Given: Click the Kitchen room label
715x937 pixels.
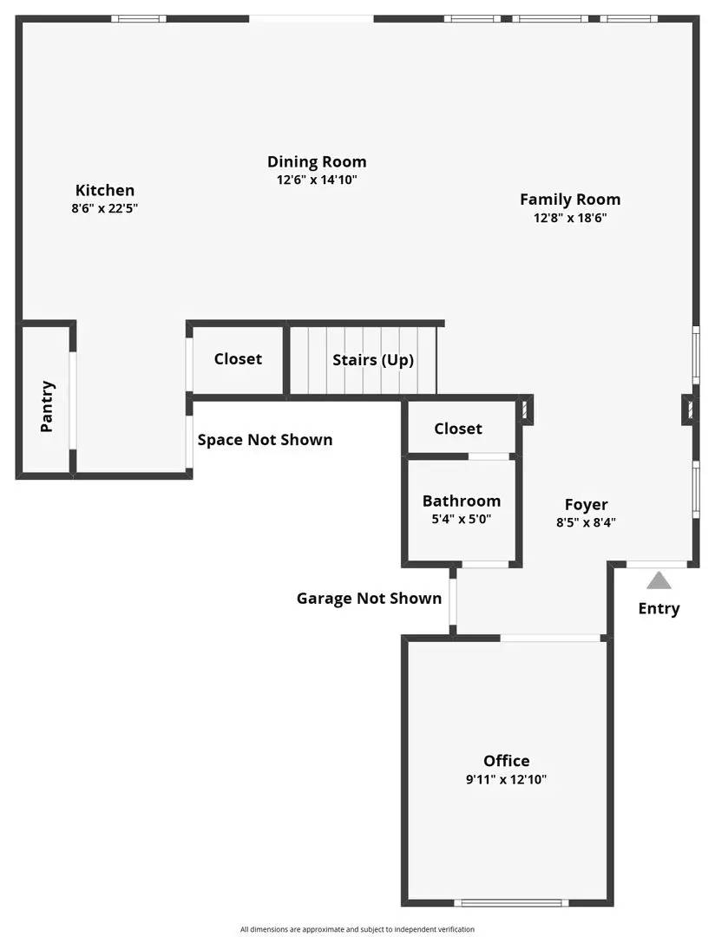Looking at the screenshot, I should click(104, 190).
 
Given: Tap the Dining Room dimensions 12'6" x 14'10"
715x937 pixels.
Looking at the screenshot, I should click(317, 180).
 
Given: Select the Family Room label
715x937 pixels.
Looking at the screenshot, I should click(570, 199).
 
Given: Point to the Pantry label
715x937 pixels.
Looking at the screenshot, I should click(47, 406).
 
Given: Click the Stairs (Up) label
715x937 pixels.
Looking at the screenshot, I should click(373, 359).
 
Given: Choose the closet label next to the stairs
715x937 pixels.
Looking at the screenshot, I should click(238, 358).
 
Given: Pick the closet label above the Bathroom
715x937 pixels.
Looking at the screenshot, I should click(458, 428).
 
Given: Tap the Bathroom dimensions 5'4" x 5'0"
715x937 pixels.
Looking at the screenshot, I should click(462, 519).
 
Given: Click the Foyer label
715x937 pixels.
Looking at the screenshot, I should click(587, 504).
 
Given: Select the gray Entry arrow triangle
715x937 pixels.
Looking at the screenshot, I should click(659, 580).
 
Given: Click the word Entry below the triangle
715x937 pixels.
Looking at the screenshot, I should click(659, 608).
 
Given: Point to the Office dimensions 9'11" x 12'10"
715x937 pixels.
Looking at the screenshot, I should click(507, 779).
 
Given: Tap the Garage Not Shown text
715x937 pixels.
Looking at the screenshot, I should click(369, 598).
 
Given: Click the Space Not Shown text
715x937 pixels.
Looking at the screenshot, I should click(265, 439).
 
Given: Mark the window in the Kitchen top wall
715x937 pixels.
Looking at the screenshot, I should click(138, 18).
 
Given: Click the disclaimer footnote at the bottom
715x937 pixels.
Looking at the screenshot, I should click(357, 929).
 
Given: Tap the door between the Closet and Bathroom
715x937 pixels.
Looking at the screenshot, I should click(489, 456).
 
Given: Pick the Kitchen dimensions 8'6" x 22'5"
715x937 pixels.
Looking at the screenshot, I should click(105, 208).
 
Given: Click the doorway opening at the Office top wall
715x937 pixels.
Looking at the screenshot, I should click(552, 639).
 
